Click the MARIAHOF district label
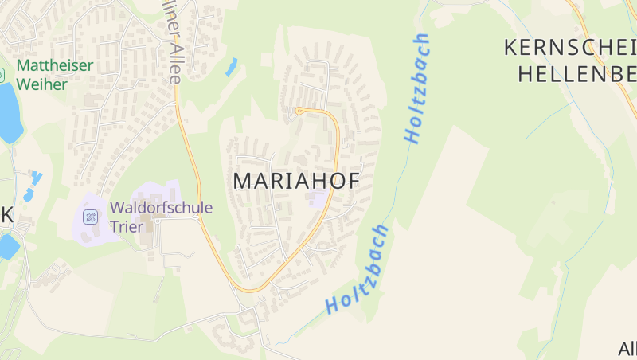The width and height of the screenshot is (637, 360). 295,181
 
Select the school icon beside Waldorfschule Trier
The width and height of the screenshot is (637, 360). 91,216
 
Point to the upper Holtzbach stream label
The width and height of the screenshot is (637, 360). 416,88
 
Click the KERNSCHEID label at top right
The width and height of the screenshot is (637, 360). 569,47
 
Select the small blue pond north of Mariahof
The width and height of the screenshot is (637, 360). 231,67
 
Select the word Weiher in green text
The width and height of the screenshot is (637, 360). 41,84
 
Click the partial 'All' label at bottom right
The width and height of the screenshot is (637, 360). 627,348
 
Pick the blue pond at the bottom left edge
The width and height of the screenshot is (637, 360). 7,246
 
